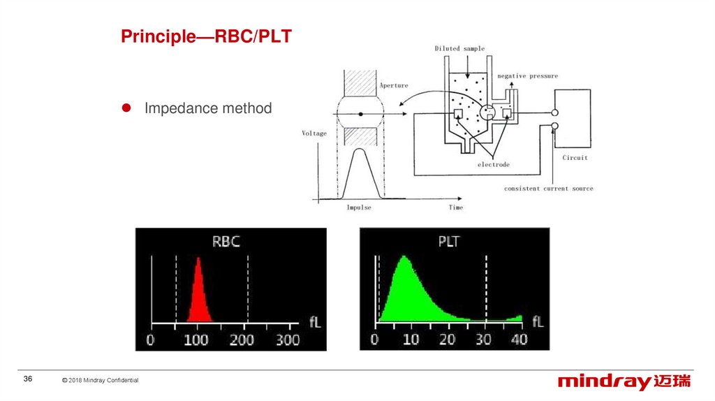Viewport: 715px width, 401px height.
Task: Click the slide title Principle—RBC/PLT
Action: pyautogui.click(x=206, y=36)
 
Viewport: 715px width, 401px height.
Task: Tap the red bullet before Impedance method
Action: pyautogui.click(x=126, y=108)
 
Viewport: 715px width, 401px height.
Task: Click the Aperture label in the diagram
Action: pyautogui.click(x=394, y=85)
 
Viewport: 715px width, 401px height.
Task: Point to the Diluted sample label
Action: pyautogui.click(x=459, y=48)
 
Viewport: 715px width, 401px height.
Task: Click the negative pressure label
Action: pyautogui.click(x=528, y=75)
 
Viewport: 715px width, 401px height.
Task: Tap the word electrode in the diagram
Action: pyautogui.click(x=494, y=164)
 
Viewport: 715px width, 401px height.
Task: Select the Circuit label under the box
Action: pyautogui.click(x=575, y=157)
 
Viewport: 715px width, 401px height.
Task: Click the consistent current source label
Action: pyautogui.click(x=549, y=189)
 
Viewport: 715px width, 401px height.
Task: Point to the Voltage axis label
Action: pyautogui.click(x=314, y=133)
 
